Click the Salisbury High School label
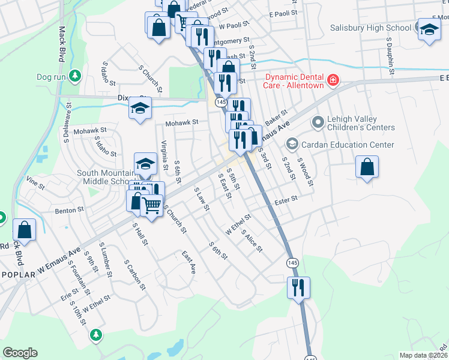point(371,28)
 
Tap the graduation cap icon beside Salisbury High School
point(429,29)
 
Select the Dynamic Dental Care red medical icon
point(332,80)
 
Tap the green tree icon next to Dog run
point(74,76)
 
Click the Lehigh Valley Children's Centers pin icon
point(317,122)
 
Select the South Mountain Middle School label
point(103,177)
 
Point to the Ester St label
point(286,199)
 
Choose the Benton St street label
point(68,211)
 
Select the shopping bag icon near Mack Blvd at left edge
point(24,229)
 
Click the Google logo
point(20,353)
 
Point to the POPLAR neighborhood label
point(19,274)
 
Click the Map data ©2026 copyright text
point(423,355)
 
